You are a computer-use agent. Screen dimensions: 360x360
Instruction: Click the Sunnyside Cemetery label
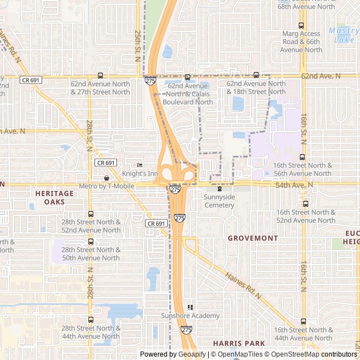coord(219,201)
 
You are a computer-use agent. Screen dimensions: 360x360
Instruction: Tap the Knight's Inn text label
coord(140,174)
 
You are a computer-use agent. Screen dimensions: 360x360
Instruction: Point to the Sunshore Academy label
coord(190,316)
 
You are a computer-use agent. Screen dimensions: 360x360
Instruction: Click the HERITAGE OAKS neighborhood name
coord(55,197)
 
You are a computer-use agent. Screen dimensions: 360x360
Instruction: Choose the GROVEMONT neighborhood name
coord(253,238)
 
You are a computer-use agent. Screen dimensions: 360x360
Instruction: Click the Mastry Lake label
coord(344,35)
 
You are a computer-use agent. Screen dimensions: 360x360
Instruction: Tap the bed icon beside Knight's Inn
coord(140,165)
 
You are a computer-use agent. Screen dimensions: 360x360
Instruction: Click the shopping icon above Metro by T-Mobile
coord(106,177)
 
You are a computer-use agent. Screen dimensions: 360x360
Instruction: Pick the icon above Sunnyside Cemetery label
coord(219,188)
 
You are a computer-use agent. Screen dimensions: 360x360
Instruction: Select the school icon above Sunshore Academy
coord(190,307)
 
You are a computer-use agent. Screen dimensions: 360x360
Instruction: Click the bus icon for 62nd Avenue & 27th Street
coord(100,75)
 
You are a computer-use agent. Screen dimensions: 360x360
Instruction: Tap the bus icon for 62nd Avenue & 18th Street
coord(256,75)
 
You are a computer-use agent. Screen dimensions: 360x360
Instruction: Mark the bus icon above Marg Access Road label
coord(301,25)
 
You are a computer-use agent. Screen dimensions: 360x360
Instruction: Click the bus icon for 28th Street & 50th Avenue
coord(91,242)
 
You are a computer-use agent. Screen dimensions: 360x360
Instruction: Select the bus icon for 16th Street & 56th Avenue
coord(302,157)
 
